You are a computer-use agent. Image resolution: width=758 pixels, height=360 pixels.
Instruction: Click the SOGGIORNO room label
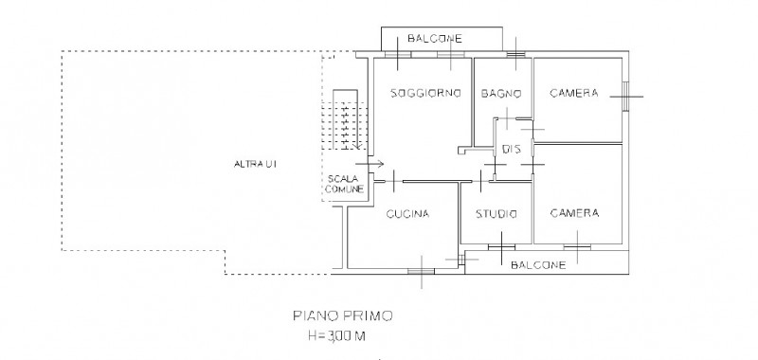click(x=425, y=93)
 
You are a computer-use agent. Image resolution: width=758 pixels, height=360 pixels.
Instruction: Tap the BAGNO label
click(x=501, y=93)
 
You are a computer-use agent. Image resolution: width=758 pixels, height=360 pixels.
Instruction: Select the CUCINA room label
click(x=407, y=213)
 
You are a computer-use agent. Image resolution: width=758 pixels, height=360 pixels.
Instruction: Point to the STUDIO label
click(x=496, y=213)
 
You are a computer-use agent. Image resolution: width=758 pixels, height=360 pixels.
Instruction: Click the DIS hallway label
click(x=512, y=150)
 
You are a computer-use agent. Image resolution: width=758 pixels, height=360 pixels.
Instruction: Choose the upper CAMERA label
click(x=574, y=93)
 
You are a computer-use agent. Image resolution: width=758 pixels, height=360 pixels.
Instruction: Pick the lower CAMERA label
click(x=574, y=213)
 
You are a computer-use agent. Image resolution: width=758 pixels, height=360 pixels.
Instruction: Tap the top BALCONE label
click(x=435, y=38)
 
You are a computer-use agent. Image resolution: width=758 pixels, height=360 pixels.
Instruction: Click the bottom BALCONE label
click(x=538, y=265)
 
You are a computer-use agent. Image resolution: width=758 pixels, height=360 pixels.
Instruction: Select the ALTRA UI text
click(x=255, y=164)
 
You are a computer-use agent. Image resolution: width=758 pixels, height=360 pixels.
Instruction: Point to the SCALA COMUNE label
click(x=344, y=184)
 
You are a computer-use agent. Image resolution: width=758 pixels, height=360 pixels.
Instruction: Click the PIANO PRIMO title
click(x=343, y=316)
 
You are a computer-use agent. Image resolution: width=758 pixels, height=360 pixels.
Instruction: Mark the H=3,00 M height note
click(x=336, y=335)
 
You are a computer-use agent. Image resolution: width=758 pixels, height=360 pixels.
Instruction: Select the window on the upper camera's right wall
click(x=625, y=97)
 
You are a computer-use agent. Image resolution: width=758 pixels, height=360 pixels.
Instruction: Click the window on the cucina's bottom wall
click(x=421, y=271)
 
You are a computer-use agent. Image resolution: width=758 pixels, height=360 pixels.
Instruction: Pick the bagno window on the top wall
click(x=515, y=54)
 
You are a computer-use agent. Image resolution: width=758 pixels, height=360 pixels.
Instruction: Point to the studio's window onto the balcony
click(x=501, y=247)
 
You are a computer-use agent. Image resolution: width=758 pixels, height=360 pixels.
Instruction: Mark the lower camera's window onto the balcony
click(x=577, y=247)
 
